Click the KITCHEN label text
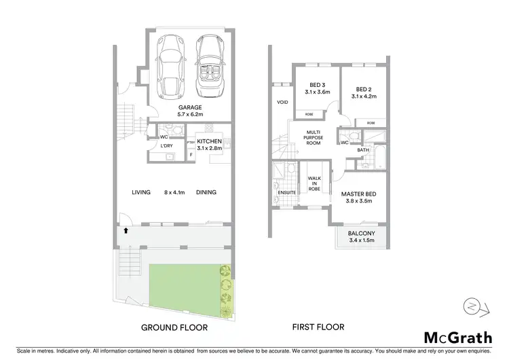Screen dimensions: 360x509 click(210, 141)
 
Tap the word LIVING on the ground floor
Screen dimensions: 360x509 click(141, 192)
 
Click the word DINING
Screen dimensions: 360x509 click(206, 192)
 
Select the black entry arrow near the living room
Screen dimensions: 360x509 click(125, 232)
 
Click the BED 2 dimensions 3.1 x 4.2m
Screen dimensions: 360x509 click(364, 96)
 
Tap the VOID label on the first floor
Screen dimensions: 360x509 click(283, 103)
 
